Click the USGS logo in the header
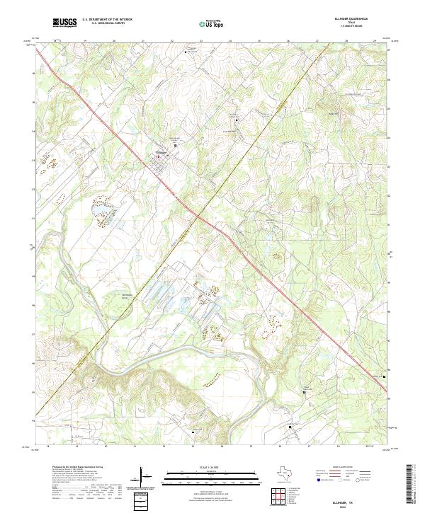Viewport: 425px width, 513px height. click(65, 23)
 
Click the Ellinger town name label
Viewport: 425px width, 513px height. click(160, 151)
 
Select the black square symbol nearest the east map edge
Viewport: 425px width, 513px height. click(385, 376)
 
